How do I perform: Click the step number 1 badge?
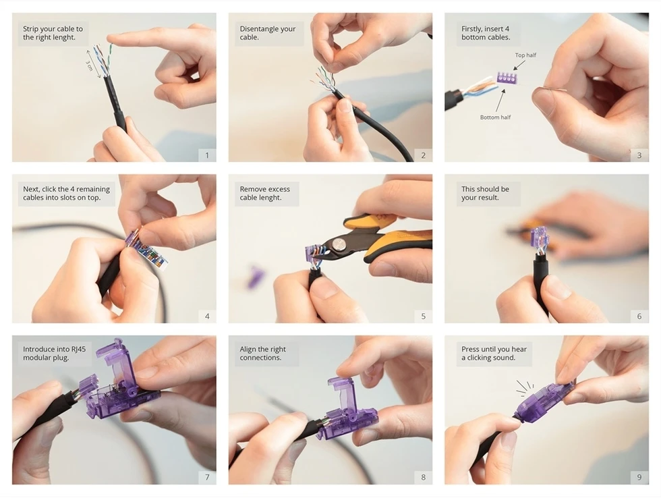[x=207, y=155]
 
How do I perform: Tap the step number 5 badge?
[x=424, y=316]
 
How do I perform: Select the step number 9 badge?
[x=639, y=477]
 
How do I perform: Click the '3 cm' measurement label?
[x=89, y=65]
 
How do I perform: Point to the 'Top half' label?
[x=525, y=55]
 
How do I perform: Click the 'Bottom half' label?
[x=495, y=117]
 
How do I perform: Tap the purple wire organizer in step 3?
[x=508, y=78]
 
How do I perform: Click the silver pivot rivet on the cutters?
[x=337, y=244]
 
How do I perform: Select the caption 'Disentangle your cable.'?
[x=268, y=33]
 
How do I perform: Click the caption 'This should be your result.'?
[x=485, y=193]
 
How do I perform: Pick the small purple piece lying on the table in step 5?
[x=255, y=277]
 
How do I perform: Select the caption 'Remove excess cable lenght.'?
[x=264, y=193]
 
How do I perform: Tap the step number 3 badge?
[x=639, y=155]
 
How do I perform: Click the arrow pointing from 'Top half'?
[x=519, y=65]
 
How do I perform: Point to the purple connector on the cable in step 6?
[x=540, y=238]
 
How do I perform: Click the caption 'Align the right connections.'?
[x=262, y=354]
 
